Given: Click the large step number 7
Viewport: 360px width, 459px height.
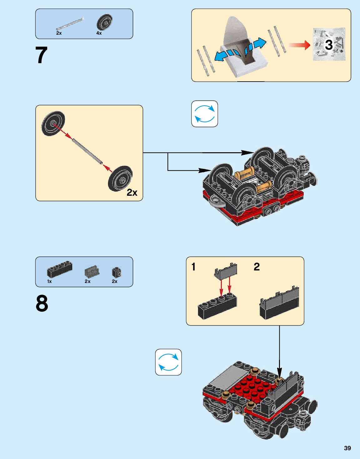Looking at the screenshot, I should coord(41,55).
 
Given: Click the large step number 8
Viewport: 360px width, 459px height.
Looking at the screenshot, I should coord(42,303).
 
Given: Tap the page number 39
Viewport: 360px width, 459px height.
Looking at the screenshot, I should coord(347,448).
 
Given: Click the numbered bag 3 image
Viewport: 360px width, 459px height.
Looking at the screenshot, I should coord(329,44).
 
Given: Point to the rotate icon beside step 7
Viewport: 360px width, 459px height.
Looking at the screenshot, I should coord(205,114).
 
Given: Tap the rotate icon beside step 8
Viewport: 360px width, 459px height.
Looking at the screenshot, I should coord(168,362).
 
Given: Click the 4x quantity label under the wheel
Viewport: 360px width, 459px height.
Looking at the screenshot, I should coord(99,33).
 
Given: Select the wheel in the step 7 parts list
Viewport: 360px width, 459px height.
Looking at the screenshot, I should coord(104,22).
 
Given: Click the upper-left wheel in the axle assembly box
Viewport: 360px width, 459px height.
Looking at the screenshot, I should coord(53,123).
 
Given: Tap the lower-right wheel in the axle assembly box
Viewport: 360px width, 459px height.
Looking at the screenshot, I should coord(120,179).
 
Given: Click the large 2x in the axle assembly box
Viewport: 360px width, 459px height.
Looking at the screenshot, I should coord(132,193).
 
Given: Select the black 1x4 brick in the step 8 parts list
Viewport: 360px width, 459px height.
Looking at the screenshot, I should coord(59,269).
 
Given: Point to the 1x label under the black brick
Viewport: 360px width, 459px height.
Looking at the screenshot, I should coord(49,281).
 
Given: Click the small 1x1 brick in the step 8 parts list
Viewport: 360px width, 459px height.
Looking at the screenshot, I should coord(116,272).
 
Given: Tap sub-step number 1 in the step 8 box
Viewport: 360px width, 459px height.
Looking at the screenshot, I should coord(194,267).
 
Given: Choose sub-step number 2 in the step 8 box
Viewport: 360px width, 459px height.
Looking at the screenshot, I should coord(256,267).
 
